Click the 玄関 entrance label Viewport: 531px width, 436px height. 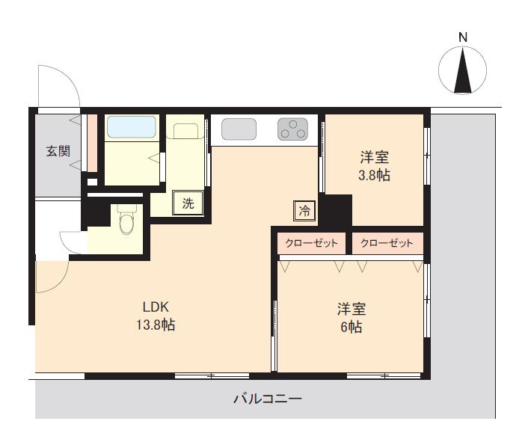(58, 151)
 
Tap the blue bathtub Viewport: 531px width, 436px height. (132, 127)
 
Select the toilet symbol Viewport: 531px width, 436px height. (127, 219)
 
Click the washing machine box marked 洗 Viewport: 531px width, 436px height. (188, 203)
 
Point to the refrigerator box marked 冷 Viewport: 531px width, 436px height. (304, 211)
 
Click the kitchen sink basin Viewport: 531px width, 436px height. (239, 129)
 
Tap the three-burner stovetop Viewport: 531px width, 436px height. (293, 129)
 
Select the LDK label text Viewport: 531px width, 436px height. (156, 307)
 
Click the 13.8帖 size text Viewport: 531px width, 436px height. (156, 325)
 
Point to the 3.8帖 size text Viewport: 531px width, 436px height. (374, 175)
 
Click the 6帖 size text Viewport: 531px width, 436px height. (352, 327)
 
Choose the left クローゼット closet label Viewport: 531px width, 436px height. (312, 243)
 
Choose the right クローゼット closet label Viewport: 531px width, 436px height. (387, 243)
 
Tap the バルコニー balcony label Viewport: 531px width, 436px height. (268, 399)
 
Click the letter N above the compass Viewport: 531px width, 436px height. (463, 37)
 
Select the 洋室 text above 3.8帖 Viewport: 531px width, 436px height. (374, 157)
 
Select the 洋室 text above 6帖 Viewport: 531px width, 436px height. (352, 309)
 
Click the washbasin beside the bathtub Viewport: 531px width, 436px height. (185, 131)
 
